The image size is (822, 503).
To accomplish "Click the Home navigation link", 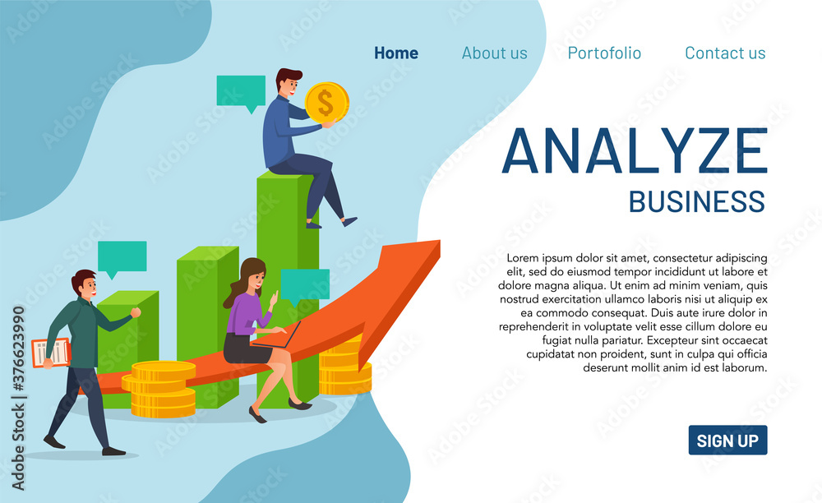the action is click(396, 53).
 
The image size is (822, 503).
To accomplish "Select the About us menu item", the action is click(494, 53).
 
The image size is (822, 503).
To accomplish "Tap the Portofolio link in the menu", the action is click(604, 53).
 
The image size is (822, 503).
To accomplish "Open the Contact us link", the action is click(725, 53).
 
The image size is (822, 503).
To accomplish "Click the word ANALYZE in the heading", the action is click(635, 151).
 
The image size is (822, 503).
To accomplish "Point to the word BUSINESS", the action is click(697, 201).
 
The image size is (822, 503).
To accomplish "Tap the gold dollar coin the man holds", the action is click(326, 102).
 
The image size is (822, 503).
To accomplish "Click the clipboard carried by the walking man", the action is click(51, 353).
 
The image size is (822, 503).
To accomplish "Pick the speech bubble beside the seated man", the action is click(241, 93).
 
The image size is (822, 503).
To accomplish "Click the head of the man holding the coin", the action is click(289, 83).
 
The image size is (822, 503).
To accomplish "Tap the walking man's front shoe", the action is click(113, 451).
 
